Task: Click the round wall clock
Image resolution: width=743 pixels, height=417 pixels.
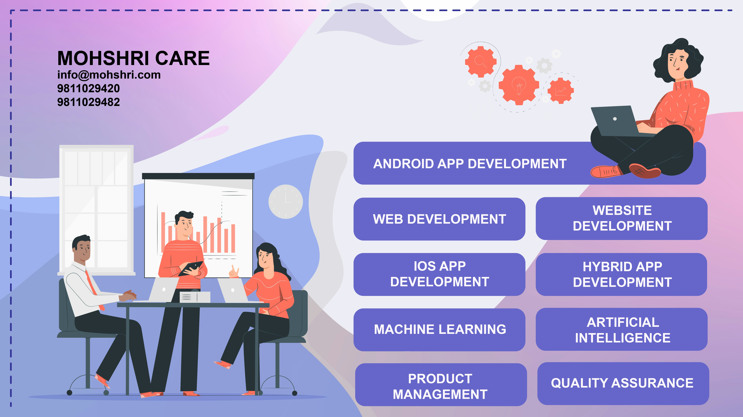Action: click(286, 202)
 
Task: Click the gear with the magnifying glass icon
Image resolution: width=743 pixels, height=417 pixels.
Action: click(480, 61)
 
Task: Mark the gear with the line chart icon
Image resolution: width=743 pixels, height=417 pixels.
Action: click(560, 91)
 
